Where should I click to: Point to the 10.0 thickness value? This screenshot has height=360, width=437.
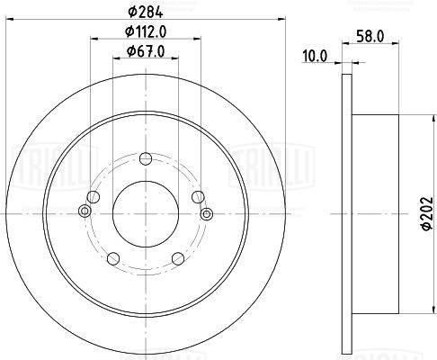point(315,57)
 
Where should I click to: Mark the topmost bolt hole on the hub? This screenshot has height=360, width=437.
point(145,160)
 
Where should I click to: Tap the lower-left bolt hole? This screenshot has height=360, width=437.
point(113,259)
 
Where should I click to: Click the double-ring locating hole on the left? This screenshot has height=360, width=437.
point(85,212)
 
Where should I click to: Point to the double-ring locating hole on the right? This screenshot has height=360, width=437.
point(206,213)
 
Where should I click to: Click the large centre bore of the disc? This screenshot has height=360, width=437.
point(145,213)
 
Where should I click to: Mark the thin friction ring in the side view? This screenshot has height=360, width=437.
point(348,213)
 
